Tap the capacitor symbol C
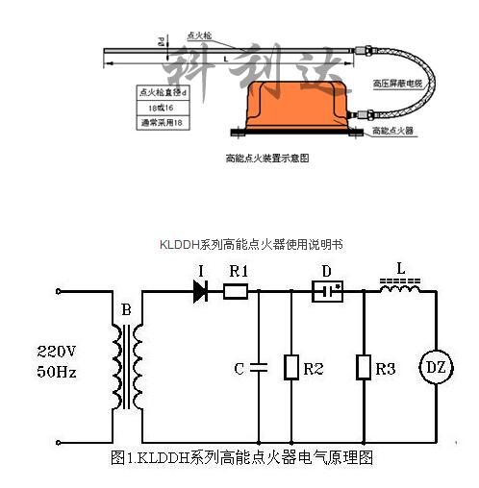click(x=259, y=367)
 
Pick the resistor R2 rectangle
click(x=290, y=367)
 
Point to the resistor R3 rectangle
click(x=364, y=367)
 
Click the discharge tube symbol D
click(x=329, y=289)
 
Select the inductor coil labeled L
click(x=400, y=283)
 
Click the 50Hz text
click(x=55, y=369)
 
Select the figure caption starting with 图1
click(x=240, y=458)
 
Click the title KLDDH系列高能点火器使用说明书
click(x=251, y=245)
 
